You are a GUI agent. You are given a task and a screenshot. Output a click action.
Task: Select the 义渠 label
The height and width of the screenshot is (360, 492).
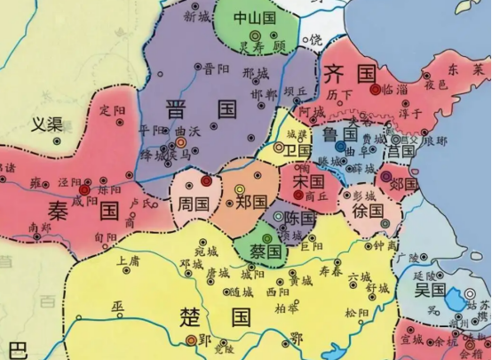coord(47,125)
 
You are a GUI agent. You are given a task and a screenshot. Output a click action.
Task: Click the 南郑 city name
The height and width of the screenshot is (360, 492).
coord(40,227)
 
